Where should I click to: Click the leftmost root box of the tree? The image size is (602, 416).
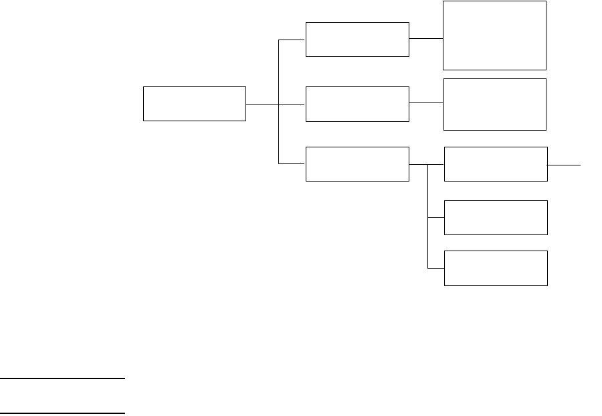pos(195,104)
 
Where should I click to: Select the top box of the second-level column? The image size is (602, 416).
pos(357,40)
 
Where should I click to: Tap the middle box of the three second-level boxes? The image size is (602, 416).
pos(357,104)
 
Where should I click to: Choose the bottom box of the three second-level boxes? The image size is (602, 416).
pos(357,163)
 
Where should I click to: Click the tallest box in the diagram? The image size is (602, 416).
pos(494,35)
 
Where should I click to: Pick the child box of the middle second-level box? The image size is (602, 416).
pos(494,104)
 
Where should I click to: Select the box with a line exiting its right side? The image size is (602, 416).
pos(496,163)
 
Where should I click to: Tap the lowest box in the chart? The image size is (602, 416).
pos(496,268)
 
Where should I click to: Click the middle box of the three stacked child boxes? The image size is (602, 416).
pos(496,217)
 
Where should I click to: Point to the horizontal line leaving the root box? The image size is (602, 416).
pos(262,104)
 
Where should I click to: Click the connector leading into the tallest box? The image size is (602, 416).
pos(425,38)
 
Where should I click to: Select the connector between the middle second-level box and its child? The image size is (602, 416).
pos(425,103)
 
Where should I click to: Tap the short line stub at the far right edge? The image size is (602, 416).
pos(565,163)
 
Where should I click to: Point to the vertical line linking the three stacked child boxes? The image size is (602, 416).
pos(427,221)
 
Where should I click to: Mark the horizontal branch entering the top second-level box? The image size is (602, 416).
pos(292,40)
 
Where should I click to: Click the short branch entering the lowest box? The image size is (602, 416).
pos(436,268)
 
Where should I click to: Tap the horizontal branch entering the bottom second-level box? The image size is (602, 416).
pos(292,163)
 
